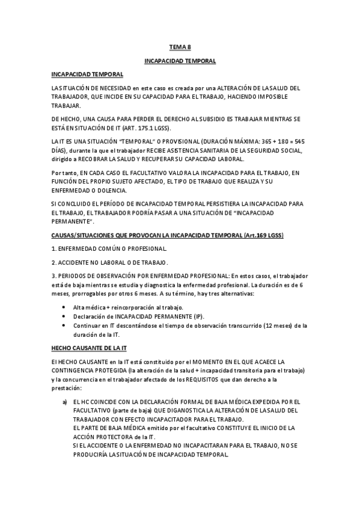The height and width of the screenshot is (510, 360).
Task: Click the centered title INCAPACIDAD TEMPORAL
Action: (180, 61)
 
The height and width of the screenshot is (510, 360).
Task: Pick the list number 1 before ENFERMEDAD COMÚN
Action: (53, 248)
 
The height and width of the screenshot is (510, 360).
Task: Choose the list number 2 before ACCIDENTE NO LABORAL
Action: (53, 262)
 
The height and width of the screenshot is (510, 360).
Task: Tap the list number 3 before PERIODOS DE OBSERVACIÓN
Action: (53, 276)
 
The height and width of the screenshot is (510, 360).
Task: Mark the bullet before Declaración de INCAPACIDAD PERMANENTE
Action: (65, 316)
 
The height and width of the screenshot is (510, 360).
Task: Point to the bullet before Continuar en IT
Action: (65, 325)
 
